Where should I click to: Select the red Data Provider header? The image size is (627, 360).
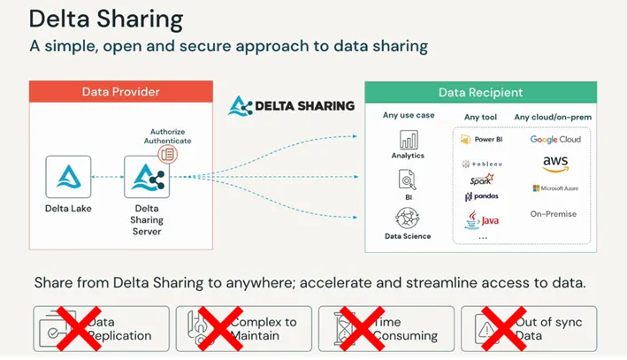[120, 92]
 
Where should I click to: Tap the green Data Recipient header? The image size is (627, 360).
[480, 92]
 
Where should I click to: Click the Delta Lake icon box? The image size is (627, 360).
[69, 177]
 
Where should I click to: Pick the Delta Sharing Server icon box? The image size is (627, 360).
[146, 177]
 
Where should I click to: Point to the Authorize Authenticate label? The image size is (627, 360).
[170, 135]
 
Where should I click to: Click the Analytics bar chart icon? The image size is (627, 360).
[408, 140]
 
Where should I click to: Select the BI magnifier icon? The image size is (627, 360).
[408, 180]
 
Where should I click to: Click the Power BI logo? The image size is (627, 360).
[483, 139]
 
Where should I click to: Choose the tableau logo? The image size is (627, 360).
[482, 164]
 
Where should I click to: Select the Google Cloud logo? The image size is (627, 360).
[555, 139]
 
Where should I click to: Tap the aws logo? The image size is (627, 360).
[555, 163]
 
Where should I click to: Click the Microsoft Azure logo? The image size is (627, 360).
[554, 188]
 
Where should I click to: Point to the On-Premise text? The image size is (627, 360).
[554, 214]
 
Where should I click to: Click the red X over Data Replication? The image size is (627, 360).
[77, 328]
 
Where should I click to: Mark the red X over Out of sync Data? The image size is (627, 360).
[505, 328]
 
